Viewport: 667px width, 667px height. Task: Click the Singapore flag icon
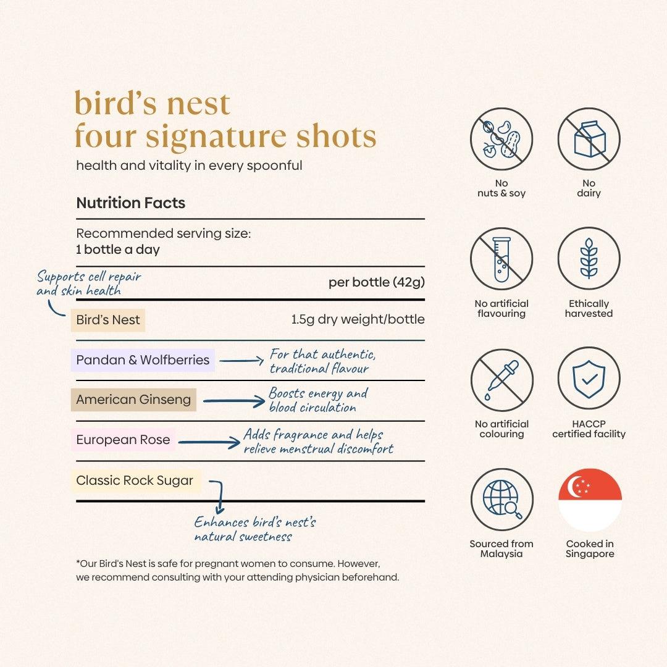pos(590,500)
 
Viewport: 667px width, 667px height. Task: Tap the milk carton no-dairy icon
pos(589,139)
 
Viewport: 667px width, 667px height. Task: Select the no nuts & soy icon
pos(501,139)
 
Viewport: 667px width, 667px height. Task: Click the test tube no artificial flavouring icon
pos(501,259)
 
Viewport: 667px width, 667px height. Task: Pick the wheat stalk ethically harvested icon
pos(589,259)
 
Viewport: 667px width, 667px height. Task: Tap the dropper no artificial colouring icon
pos(501,379)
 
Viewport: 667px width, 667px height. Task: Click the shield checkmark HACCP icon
pos(589,379)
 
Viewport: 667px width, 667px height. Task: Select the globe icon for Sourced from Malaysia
pos(501,500)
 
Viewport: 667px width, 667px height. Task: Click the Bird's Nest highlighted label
pos(108,320)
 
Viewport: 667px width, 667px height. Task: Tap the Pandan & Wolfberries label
pos(143,360)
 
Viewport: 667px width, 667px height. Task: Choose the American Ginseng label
pos(133,400)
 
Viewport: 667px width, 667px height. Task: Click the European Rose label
pos(123,440)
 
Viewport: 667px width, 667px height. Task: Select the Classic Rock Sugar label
pos(135,480)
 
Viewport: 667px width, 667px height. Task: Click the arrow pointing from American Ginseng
pos(234,401)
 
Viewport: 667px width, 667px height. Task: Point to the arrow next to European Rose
pos(209,442)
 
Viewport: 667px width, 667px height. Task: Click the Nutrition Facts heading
pos(130,203)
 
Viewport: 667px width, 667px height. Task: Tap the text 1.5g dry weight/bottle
pos(358,320)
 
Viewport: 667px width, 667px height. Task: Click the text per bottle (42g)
pos(376,282)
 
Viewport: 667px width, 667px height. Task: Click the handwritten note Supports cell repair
pos(89,276)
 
